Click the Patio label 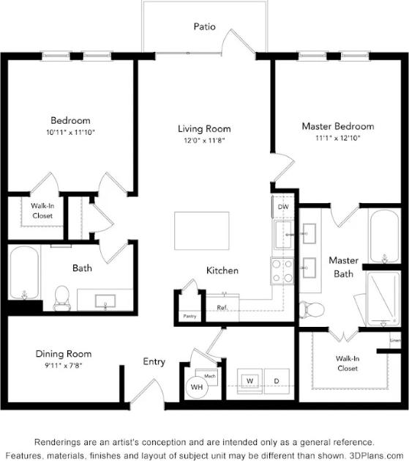pyautogui.click(x=204, y=26)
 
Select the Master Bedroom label pyautogui.click(x=337, y=126)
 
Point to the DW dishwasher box pyautogui.click(x=282, y=207)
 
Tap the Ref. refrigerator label pyautogui.click(x=222, y=308)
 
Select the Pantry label pyautogui.click(x=190, y=316)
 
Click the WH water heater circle pyautogui.click(x=197, y=387)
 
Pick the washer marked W pyautogui.click(x=249, y=382)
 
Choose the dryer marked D pyautogui.click(x=277, y=382)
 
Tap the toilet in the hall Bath pyautogui.click(x=61, y=297)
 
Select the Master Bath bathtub pyautogui.click(x=383, y=237)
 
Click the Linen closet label pyautogui.click(x=395, y=340)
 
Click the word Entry pyautogui.click(x=154, y=361)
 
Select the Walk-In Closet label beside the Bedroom pyautogui.click(x=42, y=211)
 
